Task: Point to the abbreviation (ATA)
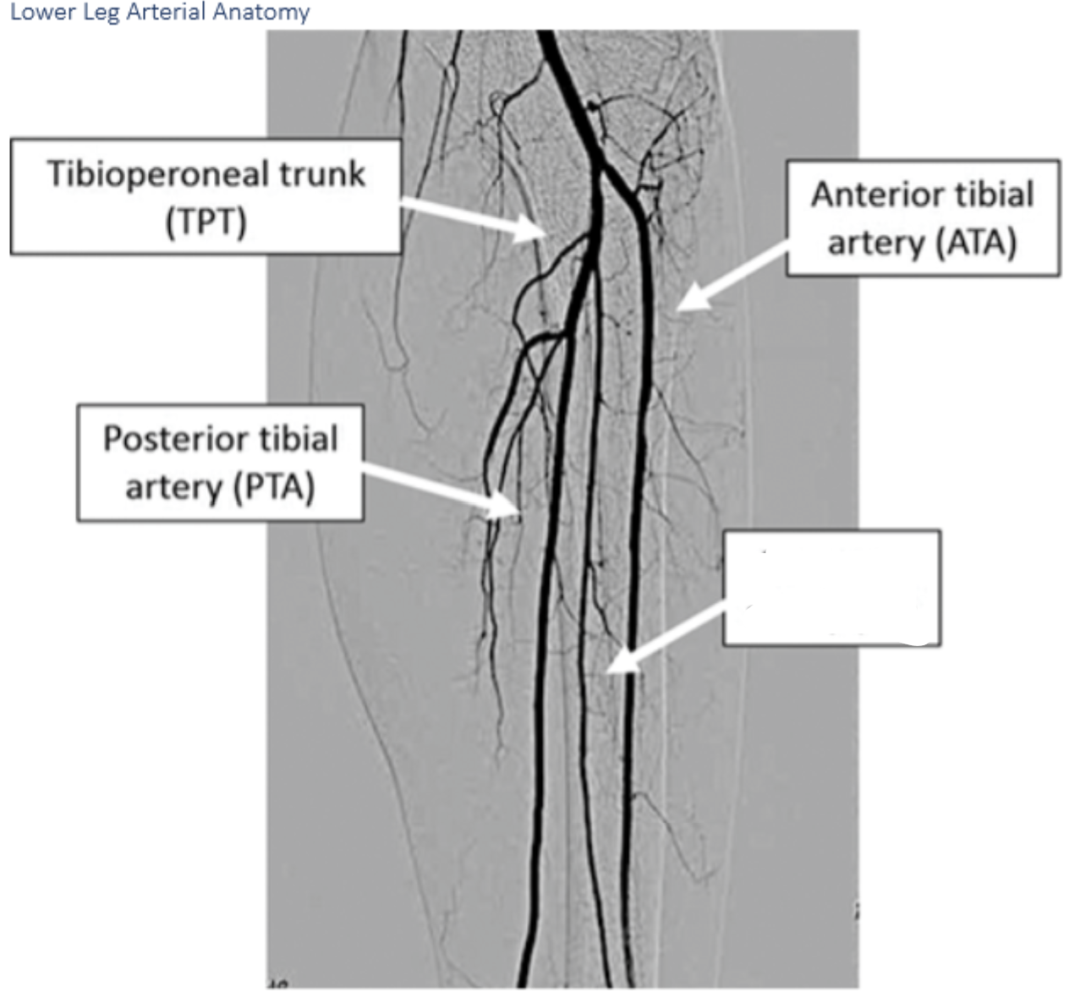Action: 975,243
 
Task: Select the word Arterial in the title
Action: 165,12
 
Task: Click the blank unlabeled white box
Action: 831,588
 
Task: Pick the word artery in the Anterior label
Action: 875,244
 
